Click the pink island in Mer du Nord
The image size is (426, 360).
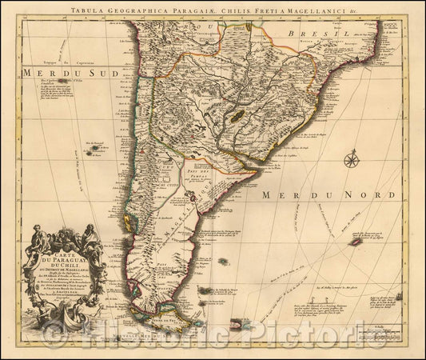pos(355,238)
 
